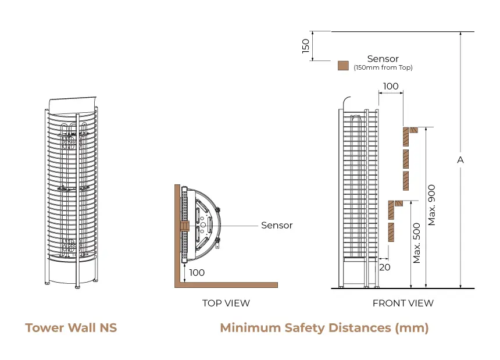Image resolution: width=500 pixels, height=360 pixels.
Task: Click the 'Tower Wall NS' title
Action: point(71,328)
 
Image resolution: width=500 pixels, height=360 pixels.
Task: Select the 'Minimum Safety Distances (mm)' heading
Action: point(324,328)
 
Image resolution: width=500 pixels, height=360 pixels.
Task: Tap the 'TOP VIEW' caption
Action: point(226,303)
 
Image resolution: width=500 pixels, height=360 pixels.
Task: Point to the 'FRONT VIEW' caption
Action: point(403,303)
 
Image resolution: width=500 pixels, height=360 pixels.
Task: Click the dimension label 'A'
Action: point(460,159)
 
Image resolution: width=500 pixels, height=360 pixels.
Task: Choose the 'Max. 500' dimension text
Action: point(417,243)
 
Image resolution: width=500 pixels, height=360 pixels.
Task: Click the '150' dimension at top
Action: point(306,46)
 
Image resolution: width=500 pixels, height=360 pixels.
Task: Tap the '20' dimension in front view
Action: point(384,267)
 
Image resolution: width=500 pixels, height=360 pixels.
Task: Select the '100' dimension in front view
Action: point(391,86)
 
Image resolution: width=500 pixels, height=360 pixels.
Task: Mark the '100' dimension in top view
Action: point(197,272)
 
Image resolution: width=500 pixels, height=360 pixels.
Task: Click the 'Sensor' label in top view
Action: point(277,225)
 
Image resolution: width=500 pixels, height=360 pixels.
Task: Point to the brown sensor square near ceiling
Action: point(343,66)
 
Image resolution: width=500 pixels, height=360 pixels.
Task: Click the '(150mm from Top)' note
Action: point(383,67)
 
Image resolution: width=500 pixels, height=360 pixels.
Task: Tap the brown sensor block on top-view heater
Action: point(185,225)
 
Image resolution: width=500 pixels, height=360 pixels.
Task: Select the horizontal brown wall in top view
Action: point(227,284)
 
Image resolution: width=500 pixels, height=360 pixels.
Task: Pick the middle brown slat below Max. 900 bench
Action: point(406,158)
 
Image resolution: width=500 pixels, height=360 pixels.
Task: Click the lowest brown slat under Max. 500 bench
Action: point(392,233)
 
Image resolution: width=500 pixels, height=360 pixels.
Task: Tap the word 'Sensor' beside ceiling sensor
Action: point(383,59)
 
